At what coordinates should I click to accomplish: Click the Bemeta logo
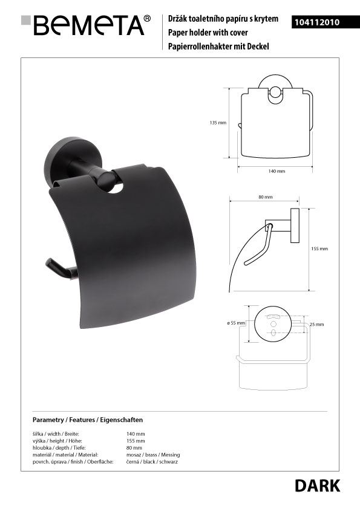point(86,25)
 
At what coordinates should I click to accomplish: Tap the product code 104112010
point(317,22)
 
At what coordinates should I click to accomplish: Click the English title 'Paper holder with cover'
point(208,33)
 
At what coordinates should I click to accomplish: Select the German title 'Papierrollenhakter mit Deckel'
point(218,47)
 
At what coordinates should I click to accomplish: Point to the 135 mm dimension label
point(218,123)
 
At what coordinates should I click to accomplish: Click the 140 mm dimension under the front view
point(277,171)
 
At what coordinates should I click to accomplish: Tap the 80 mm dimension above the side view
point(266,197)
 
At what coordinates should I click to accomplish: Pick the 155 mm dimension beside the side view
point(319,248)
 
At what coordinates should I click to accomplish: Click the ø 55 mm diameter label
point(236,323)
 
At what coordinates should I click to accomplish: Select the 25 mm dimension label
point(317,324)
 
